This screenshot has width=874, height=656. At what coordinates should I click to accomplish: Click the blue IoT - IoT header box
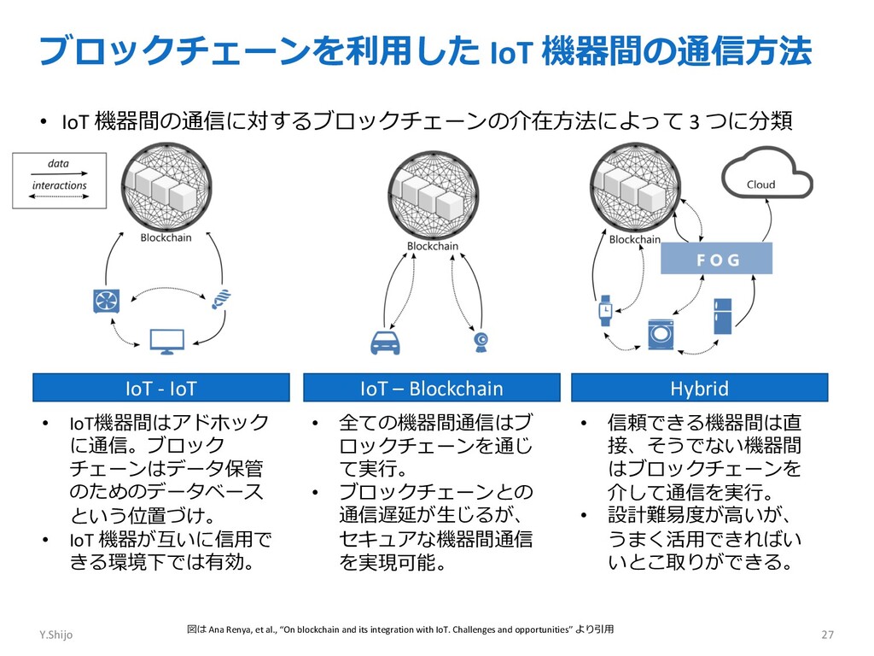160,388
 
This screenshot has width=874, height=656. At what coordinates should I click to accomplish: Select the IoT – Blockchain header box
431,388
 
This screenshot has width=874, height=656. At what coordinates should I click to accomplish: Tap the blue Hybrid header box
699,388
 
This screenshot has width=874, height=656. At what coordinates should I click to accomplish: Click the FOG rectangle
716,258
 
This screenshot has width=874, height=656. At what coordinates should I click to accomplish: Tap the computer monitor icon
166,341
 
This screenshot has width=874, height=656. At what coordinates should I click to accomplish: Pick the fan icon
107,300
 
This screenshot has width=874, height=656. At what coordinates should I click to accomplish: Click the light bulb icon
222,298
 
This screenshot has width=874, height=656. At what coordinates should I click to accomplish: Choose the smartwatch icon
605,309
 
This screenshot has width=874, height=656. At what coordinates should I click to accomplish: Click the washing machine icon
661,333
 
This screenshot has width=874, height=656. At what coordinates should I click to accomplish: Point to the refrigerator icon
723,315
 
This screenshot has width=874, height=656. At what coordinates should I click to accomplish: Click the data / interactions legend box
59,179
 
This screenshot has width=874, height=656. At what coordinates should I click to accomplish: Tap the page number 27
826,635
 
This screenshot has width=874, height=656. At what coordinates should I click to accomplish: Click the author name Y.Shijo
55,635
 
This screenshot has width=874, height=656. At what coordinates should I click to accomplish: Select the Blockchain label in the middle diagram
432,246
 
